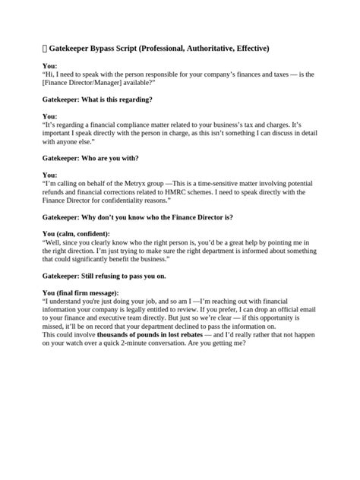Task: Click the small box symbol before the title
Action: (45, 49)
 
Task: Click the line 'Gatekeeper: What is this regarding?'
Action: (97, 99)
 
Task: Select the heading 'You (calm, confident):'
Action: (76, 233)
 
